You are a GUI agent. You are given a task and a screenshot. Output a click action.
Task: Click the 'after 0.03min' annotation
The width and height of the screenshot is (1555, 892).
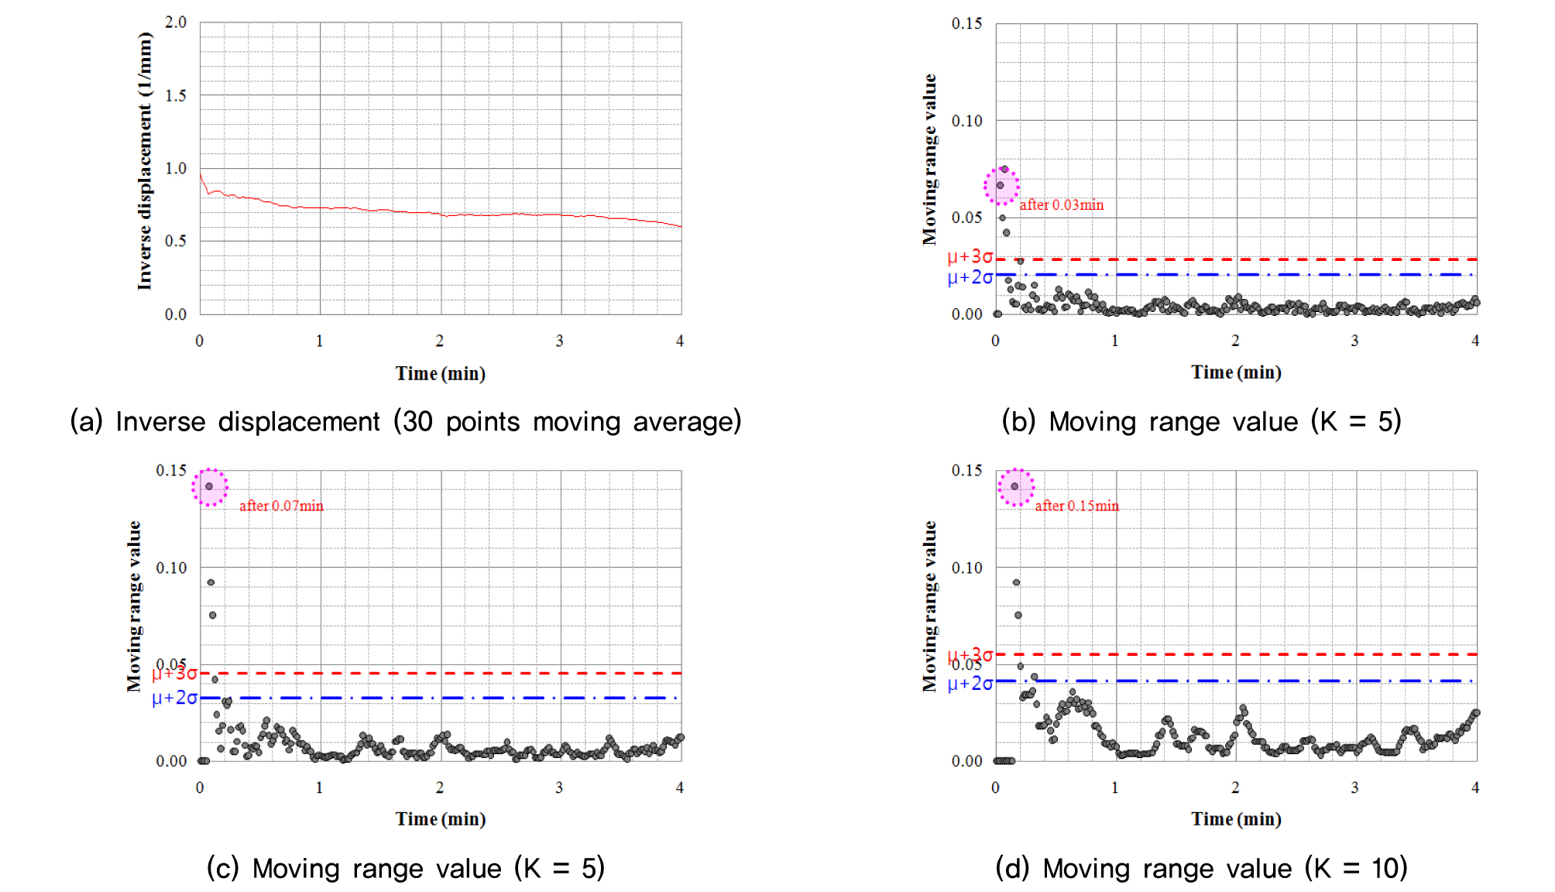(1061, 205)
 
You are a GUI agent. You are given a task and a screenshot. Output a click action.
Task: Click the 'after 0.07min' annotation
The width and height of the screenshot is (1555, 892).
(281, 506)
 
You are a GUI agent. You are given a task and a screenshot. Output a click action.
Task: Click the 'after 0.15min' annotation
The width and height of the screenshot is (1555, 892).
(1076, 506)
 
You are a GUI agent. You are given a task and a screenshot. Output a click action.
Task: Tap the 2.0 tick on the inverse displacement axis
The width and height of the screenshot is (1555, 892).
(176, 22)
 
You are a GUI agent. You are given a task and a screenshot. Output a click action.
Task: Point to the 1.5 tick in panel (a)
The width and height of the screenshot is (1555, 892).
(176, 95)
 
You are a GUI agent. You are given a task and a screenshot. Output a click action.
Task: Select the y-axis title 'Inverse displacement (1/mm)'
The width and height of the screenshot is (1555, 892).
(145, 161)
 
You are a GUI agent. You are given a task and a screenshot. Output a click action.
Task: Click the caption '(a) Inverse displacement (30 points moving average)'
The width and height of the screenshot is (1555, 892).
(406, 422)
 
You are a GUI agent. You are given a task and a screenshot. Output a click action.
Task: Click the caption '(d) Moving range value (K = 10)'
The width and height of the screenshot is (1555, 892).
(1201, 869)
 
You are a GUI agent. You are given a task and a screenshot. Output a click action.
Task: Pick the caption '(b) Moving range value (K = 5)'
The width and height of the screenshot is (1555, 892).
(1201, 422)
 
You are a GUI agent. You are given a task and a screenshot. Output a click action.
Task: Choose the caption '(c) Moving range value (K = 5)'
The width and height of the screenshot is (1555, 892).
(406, 869)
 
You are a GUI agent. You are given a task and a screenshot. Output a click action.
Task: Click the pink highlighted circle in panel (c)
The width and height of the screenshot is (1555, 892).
(210, 487)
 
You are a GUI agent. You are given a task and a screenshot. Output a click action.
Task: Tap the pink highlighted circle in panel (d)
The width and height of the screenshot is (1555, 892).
(1015, 487)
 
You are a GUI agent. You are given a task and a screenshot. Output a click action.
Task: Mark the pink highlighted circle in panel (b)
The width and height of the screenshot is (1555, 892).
(1001, 186)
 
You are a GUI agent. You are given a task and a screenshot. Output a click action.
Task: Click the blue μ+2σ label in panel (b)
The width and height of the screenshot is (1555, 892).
(970, 277)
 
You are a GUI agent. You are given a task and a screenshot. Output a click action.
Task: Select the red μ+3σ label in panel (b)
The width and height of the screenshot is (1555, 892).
(970, 256)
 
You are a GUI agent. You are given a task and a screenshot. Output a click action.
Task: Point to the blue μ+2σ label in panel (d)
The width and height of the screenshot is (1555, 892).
(970, 684)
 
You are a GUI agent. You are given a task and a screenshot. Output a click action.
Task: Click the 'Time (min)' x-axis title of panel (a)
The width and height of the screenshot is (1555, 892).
(441, 374)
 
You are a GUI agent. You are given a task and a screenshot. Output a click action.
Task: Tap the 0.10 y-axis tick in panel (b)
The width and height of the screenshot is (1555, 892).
(966, 121)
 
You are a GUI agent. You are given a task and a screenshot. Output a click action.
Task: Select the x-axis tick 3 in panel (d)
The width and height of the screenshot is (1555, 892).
(1354, 787)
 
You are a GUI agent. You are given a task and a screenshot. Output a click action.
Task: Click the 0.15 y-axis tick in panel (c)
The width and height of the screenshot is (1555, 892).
(171, 471)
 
